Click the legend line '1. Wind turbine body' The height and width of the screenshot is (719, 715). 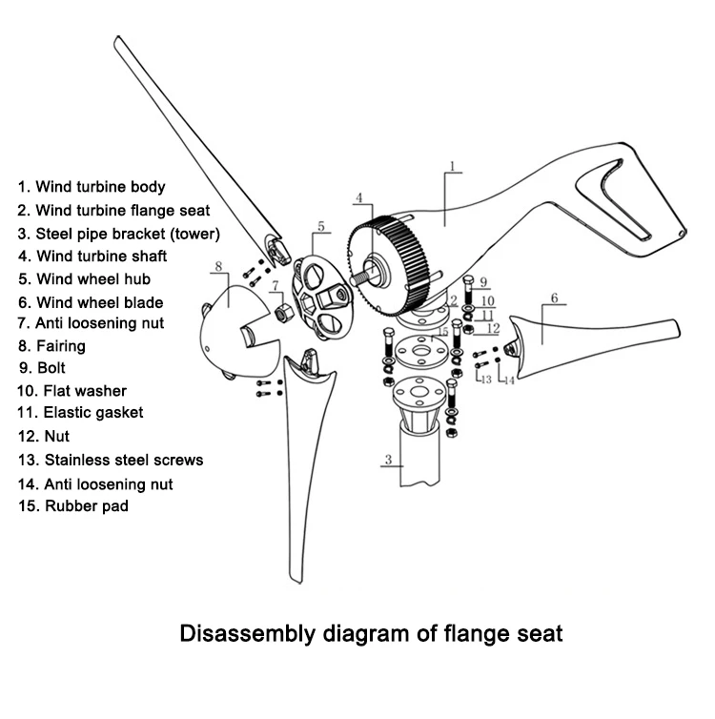coord(92,187)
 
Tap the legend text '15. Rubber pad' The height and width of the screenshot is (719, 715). coord(72,506)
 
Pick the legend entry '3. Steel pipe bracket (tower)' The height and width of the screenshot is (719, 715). coord(118,233)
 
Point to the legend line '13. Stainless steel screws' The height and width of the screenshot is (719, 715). coord(110,460)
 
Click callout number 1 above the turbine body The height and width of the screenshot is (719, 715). coord(452,166)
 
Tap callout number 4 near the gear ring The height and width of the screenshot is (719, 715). coord(359,198)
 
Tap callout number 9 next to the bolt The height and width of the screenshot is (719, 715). coord(483,282)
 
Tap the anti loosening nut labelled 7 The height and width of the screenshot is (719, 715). coord(282,312)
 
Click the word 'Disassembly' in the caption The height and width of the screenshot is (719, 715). coord(242,632)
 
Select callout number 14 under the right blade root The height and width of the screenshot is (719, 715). coord(510,380)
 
